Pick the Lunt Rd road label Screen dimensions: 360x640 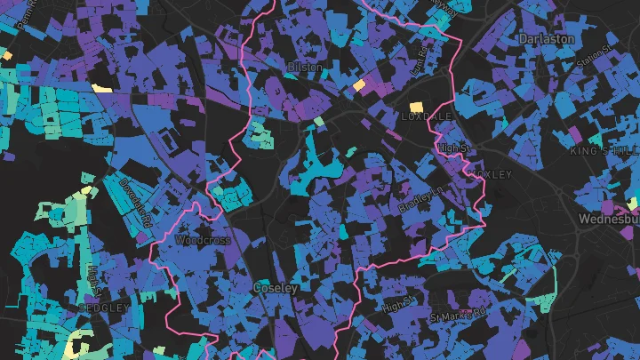click(x=420, y=63)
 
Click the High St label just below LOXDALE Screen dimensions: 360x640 click(x=452, y=148)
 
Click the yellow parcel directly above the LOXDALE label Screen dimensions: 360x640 click(x=414, y=107)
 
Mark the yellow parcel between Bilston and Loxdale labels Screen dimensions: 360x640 click(x=359, y=84)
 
